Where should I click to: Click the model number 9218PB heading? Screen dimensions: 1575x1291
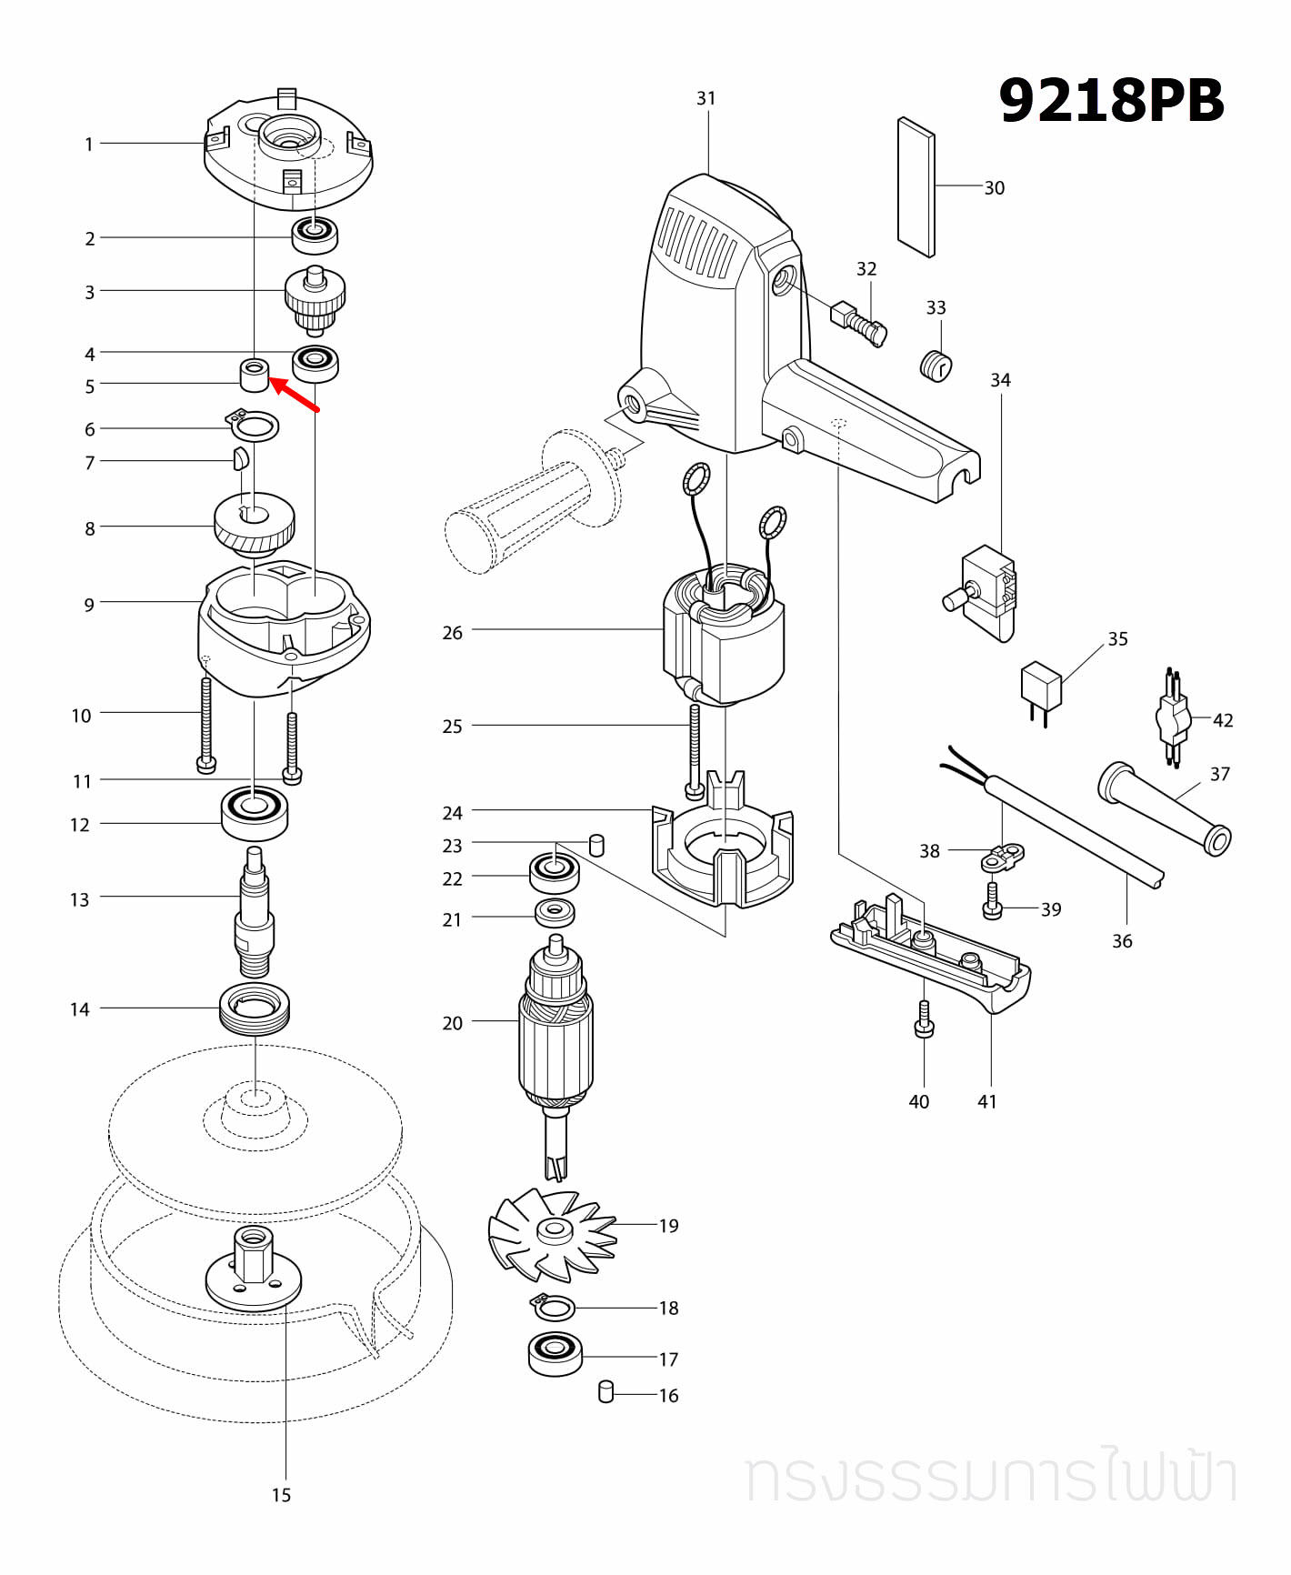pyautogui.click(x=1111, y=101)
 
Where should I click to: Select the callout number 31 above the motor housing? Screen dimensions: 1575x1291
pyautogui.click(x=706, y=98)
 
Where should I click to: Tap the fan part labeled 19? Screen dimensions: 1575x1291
pyautogui.click(x=551, y=1233)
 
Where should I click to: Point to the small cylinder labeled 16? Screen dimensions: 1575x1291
pyautogui.click(x=606, y=1391)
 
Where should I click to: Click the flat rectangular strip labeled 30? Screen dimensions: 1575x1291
pyautogui.click(x=916, y=187)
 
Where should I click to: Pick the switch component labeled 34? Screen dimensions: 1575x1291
pyautogui.click(x=986, y=591)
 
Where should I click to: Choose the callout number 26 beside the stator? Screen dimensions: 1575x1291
pyautogui.click(x=453, y=633)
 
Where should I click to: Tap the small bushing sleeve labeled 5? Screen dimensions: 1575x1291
pyautogui.click(x=255, y=374)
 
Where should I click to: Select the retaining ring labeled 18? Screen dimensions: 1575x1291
pyautogui.click(x=554, y=1309)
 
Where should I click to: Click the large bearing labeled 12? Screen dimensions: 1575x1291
pyautogui.click(x=255, y=812)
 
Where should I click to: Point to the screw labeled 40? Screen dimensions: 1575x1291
pyautogui.click(x=924, y=1019)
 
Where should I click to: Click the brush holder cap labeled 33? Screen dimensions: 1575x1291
pyautogui.click(x=936, y=365)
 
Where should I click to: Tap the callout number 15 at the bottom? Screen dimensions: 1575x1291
pyautogui.click(x=281, y=1495)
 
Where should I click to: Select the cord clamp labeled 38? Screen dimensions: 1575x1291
pyautogui.click(x=1005, y=855)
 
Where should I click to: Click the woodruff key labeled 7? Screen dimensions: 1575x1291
pyautogui.click(x=239, y=459)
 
